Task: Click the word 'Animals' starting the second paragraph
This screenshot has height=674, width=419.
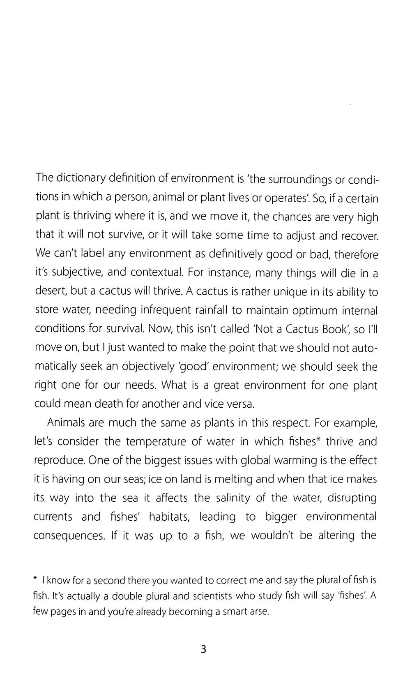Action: (x=66, y=422)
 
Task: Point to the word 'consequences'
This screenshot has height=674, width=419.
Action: (x=68, y=536)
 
